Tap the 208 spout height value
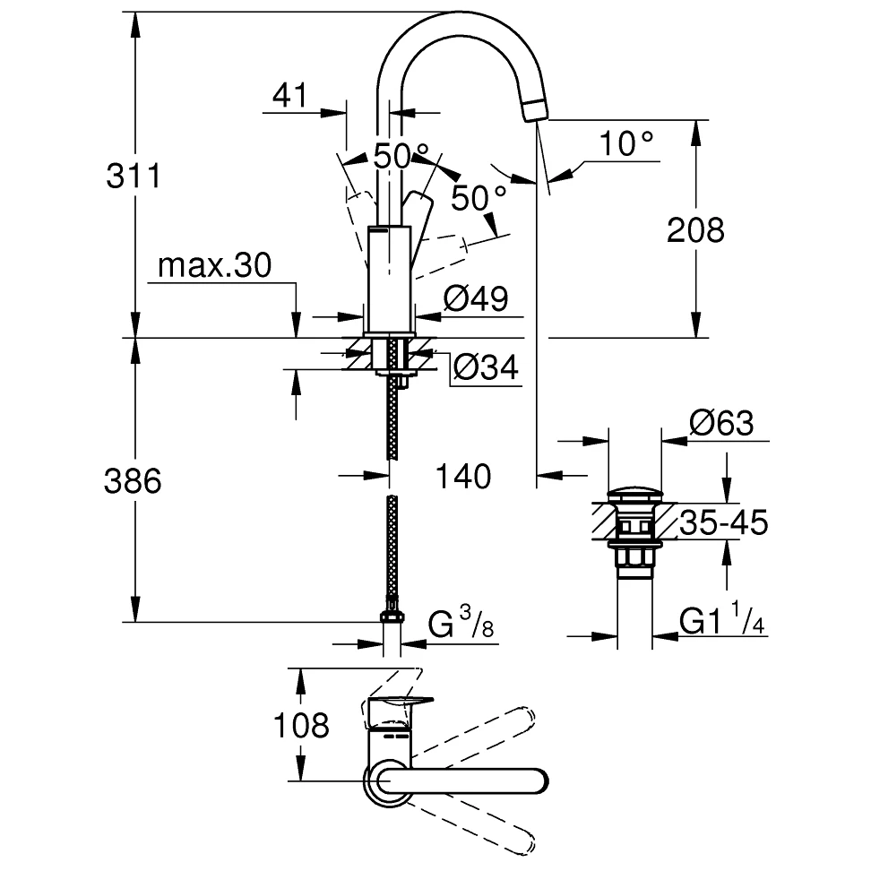695,230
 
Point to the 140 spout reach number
465,476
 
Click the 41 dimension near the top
289,95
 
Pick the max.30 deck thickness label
213,265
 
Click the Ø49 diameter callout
476,298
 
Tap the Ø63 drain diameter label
721,422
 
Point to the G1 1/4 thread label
721,620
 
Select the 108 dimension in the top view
303,724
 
